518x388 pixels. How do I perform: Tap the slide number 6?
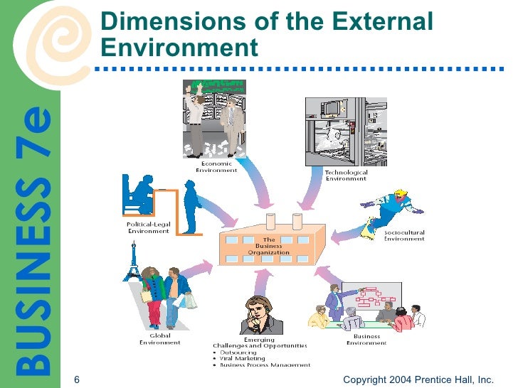point(76,379)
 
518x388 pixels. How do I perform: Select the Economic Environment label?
point(216,168)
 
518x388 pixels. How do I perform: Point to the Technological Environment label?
point(346,175)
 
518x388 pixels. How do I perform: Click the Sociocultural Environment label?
point(404,236)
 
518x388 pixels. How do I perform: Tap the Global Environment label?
point(160,339)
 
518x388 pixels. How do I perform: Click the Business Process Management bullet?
point(264,365)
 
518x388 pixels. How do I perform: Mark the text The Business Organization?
point(269,246)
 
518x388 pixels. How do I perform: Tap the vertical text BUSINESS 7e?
point(34,242)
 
